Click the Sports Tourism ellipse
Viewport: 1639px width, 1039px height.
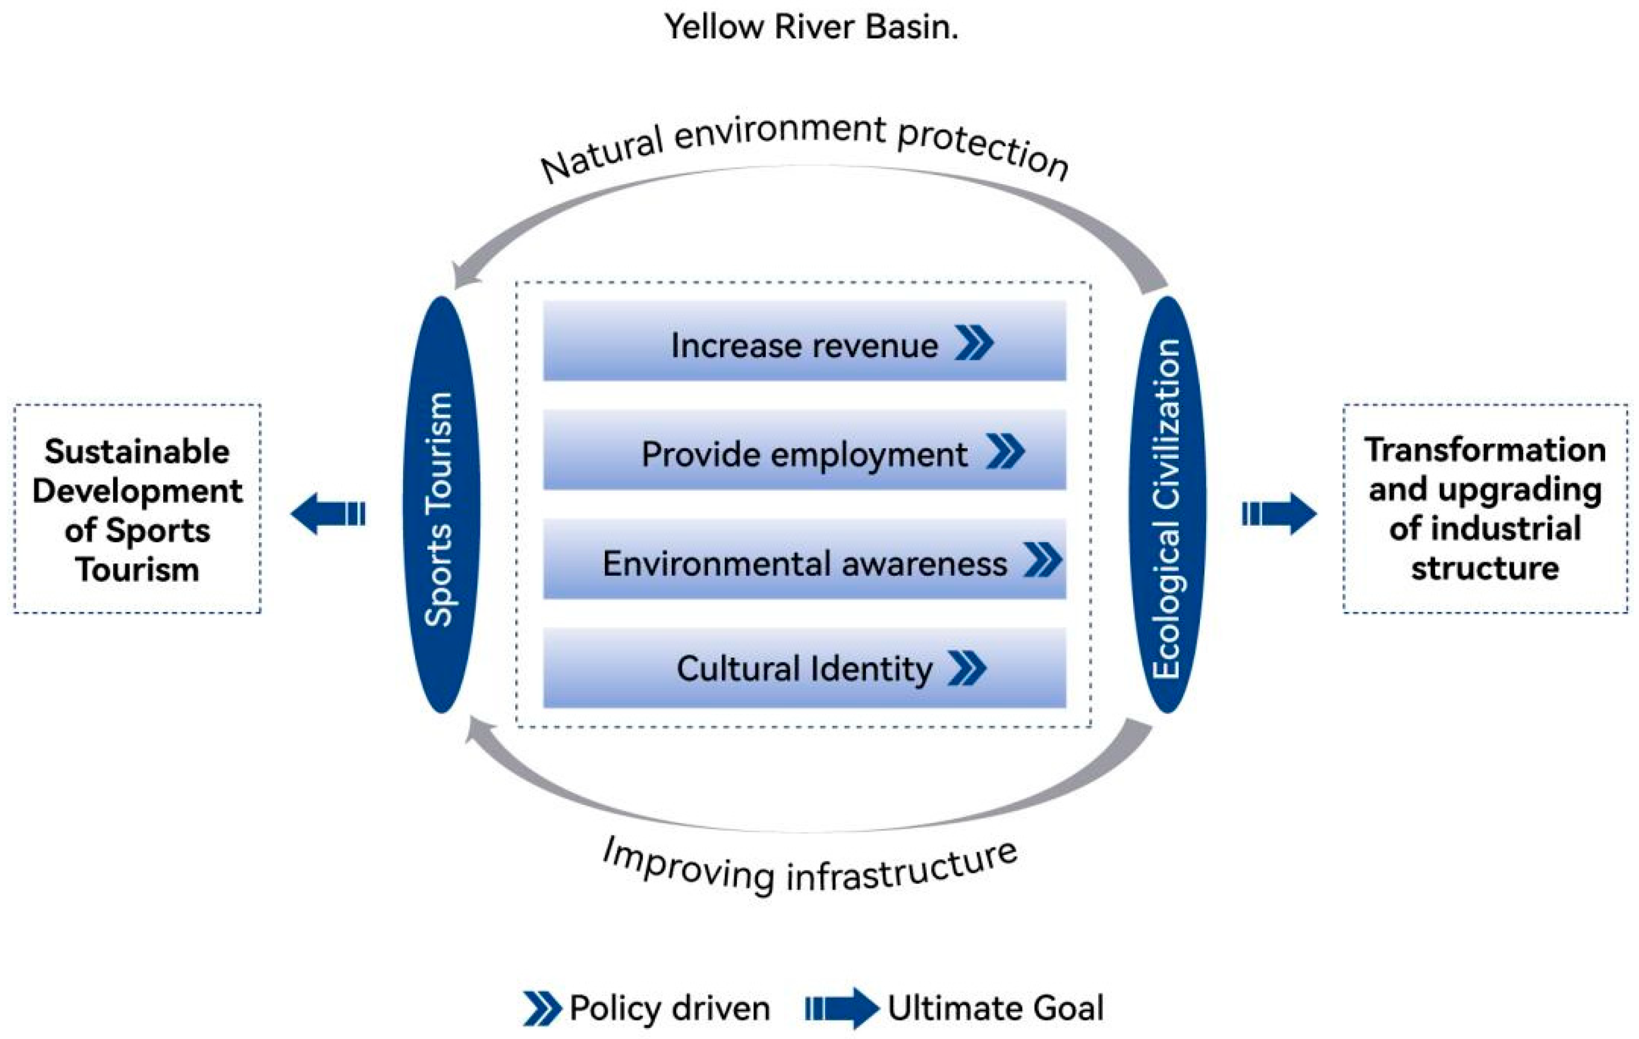tap(441, 505)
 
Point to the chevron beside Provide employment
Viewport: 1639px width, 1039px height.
tap(1005, 451)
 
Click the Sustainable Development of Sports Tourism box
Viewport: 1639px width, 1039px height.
tap(137, 509)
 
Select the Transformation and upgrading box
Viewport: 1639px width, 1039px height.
tap(1485, 509)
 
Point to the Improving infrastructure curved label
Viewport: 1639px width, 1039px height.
tap(810, 868)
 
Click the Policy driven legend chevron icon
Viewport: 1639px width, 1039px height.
tap(542, 1008)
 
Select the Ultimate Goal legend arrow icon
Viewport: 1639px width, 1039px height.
tap(841, 1008)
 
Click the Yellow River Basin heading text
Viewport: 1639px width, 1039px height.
tap(811, 27)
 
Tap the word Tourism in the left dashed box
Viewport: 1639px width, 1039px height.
tap(137, 570)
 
